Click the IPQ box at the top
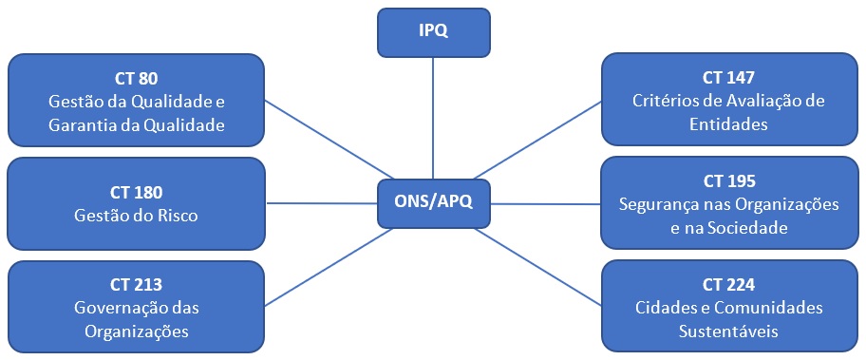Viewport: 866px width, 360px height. click(x=433, y=31)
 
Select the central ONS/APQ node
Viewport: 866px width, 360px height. click(x=433, y=201)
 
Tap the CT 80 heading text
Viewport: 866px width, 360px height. click(x=135, y=77)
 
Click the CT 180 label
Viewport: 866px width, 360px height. click(x=135, y=193)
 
